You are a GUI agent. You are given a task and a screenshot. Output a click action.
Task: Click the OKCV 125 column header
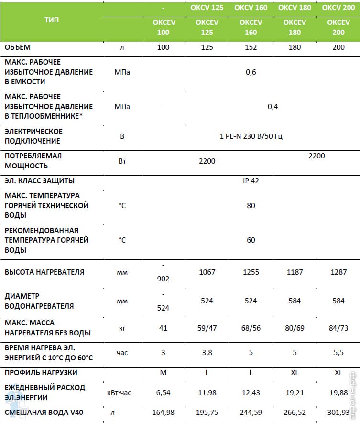[x=207, y=8]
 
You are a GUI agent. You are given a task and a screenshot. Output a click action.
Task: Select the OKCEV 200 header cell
[x=338, y=28]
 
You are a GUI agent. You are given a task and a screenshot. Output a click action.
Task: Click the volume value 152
[x=251, y=47]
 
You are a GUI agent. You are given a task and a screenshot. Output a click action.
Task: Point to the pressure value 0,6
[x=251, y=72]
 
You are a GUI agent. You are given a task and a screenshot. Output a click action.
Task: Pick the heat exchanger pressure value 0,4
[x=273, y=106]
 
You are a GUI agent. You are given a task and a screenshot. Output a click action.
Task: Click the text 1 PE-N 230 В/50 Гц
[x=251, y=136]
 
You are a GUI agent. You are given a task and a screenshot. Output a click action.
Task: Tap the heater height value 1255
[x=251, y=272]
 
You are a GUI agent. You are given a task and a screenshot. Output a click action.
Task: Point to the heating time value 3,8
[x=207, y=353]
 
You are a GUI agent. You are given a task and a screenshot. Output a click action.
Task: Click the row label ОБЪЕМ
[x=18, y=47]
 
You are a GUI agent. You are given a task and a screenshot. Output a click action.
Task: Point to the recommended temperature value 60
[x=251, y=240]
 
